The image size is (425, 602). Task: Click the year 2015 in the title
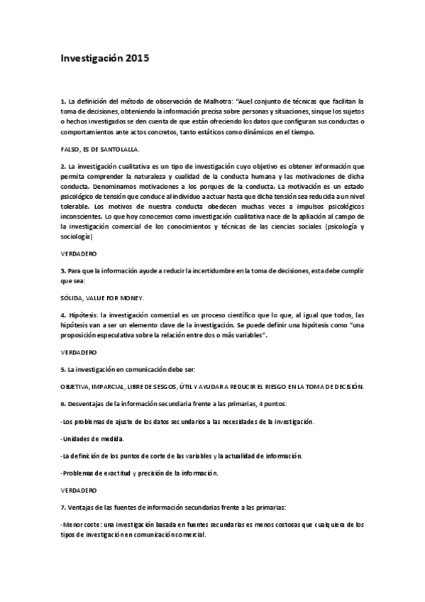[139, 60]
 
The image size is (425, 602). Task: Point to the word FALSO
[71, 150]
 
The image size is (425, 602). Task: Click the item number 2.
[62, 165]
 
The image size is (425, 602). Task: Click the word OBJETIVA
[75, 386]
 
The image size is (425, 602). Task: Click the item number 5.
[62, 370]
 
